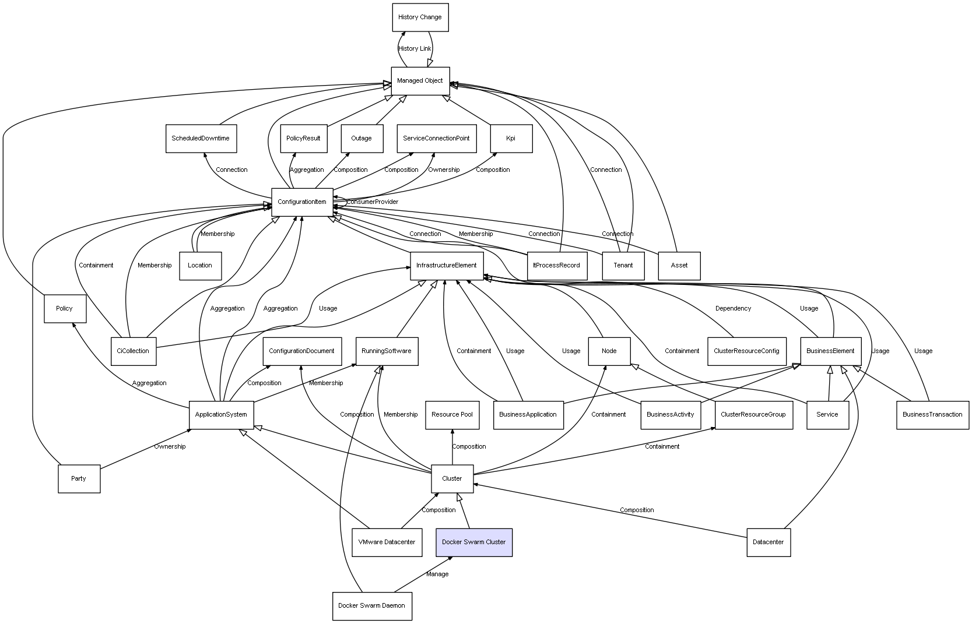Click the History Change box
coord(420,17)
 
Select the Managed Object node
coord(420,80)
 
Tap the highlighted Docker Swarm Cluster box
coord(473,542)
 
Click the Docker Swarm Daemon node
coord(371,606)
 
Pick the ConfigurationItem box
coord(302,202)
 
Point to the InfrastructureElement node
coord(447,266)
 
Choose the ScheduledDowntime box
coord(201,139)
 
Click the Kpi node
coord(511,139)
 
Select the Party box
coord(79,479)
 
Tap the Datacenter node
coord(768,542)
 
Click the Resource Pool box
coord(452,415)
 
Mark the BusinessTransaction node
coord(932,415)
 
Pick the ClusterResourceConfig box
coord(746,351)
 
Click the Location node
coord(200,266)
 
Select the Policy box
coord(65,309)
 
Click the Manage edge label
coord(437,574)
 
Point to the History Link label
coord(415,49)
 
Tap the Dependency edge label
coord(733,309)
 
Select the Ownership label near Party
coord(170,447)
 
